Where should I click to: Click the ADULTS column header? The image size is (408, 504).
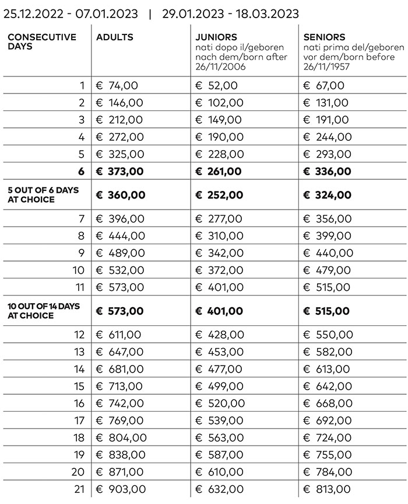(115, 37)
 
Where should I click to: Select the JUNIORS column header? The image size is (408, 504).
(216, 37)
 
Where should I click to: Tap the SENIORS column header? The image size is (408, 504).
(324, 37)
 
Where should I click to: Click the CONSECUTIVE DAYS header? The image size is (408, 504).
(41, 41)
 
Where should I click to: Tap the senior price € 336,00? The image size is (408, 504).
(328, 171)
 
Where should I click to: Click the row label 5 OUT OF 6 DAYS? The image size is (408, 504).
(43, 190)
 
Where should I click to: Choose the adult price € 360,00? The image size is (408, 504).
(121, 194)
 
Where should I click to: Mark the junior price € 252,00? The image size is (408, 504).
(219, 194)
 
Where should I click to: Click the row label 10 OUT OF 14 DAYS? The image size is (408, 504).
(43, 306)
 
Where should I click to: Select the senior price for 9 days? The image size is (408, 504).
(328, 253)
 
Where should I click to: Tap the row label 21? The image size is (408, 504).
(79, 489)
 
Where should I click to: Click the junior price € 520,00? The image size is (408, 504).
(219, 403)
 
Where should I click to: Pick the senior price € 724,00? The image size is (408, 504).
(328, 437)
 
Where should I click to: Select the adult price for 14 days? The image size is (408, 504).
(119, 369)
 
